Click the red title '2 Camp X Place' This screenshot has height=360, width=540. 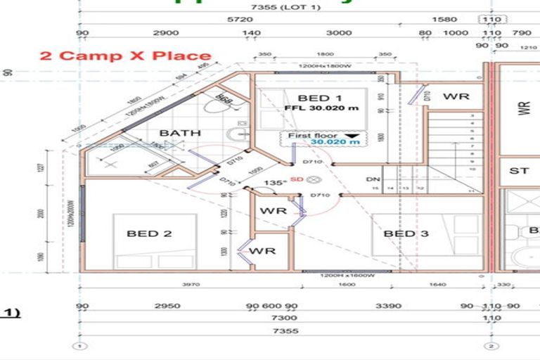125,56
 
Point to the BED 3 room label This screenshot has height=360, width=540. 406,233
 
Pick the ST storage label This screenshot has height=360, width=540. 519,170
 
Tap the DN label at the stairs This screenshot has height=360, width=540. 373,179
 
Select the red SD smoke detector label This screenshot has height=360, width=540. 295,180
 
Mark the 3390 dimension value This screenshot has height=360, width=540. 368,306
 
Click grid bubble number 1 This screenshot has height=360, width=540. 81,346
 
